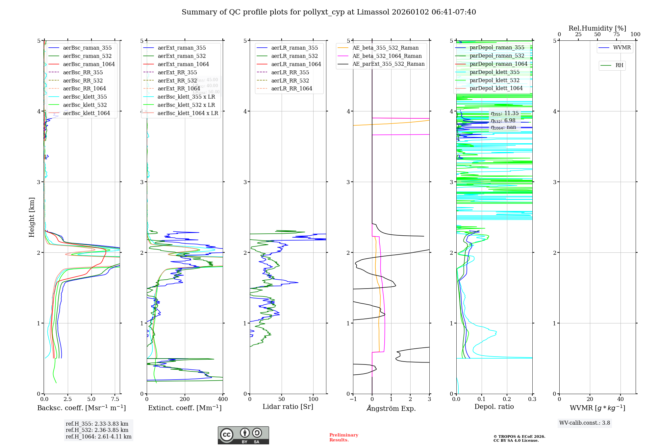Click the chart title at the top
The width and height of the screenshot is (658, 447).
(x=329, y=12)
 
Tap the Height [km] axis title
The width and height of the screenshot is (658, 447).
(x=32, y=217)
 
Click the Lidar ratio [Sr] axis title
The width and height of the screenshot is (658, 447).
(x=288, y=407)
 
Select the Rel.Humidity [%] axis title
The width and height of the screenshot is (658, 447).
(x=597, y=28)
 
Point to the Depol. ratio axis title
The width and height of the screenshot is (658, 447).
(x=494, y=407)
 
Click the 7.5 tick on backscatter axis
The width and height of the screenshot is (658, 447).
(x=115, y=399)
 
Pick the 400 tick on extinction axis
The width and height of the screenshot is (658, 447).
(x=223, y=399)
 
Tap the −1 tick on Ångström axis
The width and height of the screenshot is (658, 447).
(x=353, y=399)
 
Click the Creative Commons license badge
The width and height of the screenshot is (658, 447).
(x=243, y=435)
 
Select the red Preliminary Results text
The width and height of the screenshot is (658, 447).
(x=343, y=437)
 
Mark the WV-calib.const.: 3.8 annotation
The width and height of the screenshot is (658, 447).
(x=585, y=423)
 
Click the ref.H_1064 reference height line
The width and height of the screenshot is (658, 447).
(x=98, y=437)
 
